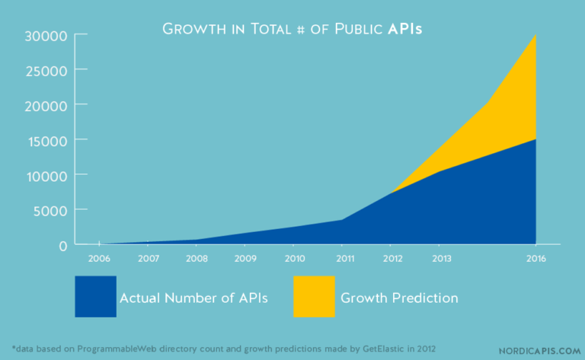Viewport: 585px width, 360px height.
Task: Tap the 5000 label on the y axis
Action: pyautogui.click(x=50, y=210)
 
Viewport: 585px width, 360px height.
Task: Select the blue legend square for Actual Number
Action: pyautogui.click(x=95, y=297)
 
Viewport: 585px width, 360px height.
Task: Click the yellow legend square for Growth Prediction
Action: pyautogui.click(x=314, y=297)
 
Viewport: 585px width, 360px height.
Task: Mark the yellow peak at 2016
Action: pyautogui.click(x=535, y=36)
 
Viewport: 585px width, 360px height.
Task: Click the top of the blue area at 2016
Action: pyautogui.click(x=535, y=140)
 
